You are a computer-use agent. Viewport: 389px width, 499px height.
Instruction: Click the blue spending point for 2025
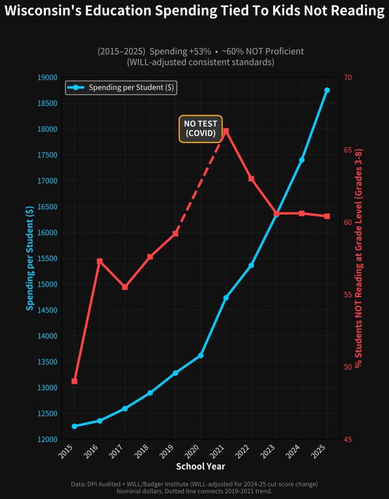327,90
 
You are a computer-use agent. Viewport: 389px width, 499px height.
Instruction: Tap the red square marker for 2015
74,381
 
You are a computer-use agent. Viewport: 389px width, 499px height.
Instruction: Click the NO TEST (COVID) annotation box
200,129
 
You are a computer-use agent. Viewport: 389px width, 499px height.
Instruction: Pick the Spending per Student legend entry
121,88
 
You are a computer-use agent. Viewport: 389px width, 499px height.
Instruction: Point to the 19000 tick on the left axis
48,77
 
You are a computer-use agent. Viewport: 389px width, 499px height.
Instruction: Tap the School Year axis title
200,466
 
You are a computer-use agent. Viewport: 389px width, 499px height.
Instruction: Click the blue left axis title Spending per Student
30,258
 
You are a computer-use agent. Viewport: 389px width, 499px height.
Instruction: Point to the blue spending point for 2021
226,297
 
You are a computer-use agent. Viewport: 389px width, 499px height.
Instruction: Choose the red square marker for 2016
99,261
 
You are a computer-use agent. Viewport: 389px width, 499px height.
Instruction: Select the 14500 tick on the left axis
48,310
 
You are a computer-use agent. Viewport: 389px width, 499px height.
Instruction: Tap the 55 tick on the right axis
348,294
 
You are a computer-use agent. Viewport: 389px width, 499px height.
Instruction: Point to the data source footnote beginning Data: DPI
194,484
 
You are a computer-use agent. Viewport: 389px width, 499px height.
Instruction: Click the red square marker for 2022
251,178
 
